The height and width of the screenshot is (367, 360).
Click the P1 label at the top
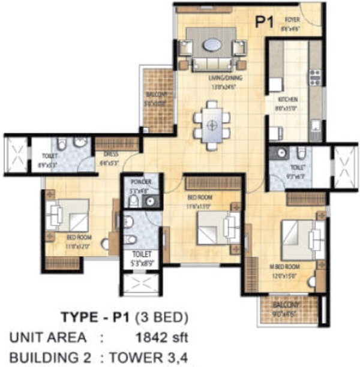tap(265, 23)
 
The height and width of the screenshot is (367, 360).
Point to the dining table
tap(211, 125)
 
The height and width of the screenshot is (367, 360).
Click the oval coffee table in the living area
tap(211, 44)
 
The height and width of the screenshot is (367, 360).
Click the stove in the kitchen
tap(314, 76)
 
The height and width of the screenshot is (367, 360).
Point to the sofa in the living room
tap(212, 63)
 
